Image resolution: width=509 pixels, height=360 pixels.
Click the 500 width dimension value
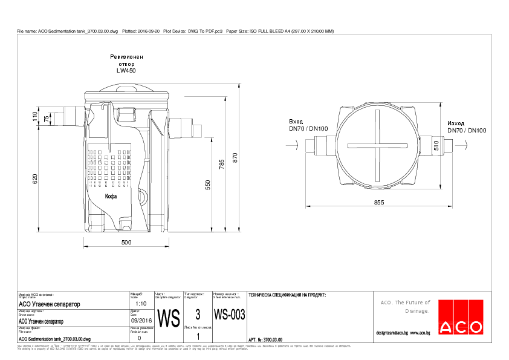tap(126, 243)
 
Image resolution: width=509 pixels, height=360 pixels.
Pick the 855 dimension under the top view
tap(379, 203)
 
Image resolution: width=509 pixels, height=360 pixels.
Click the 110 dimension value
tap(35, 116)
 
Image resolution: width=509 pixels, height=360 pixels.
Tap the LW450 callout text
tap(126, 71)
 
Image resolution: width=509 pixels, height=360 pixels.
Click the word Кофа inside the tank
tap(111, 196)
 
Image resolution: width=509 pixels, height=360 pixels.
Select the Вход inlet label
tap(296, 122)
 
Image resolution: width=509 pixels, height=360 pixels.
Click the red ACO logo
tap(461, 317)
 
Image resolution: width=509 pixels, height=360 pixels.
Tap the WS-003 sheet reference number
tap(230, 315)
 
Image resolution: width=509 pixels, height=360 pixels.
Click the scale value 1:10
tap(141, 304)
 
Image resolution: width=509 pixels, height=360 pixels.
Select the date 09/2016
tap(141, 321)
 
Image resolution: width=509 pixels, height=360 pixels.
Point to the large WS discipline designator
tap(168, 317)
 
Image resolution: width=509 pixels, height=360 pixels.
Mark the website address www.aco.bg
tap(420, 333)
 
